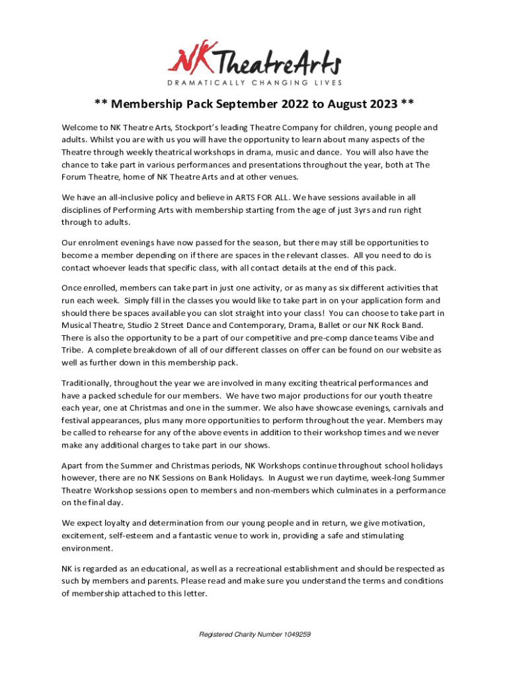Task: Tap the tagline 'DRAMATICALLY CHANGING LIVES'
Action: [x=255, y=83]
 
